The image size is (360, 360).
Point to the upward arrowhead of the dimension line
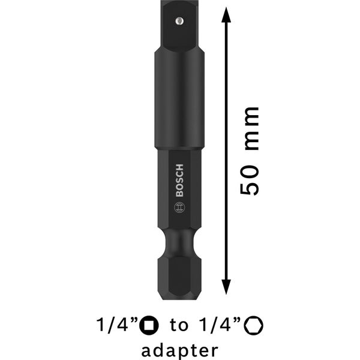[x=226, y=14]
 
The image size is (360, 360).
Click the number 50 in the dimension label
[x=250, y=181]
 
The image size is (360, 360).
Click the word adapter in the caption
[x=179, y=349]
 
